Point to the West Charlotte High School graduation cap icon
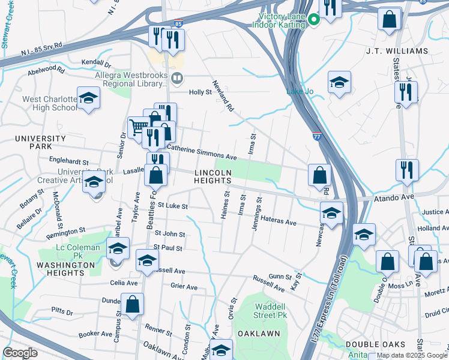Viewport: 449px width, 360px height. [88, 99]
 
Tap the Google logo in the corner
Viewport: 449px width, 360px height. [20, 353]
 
